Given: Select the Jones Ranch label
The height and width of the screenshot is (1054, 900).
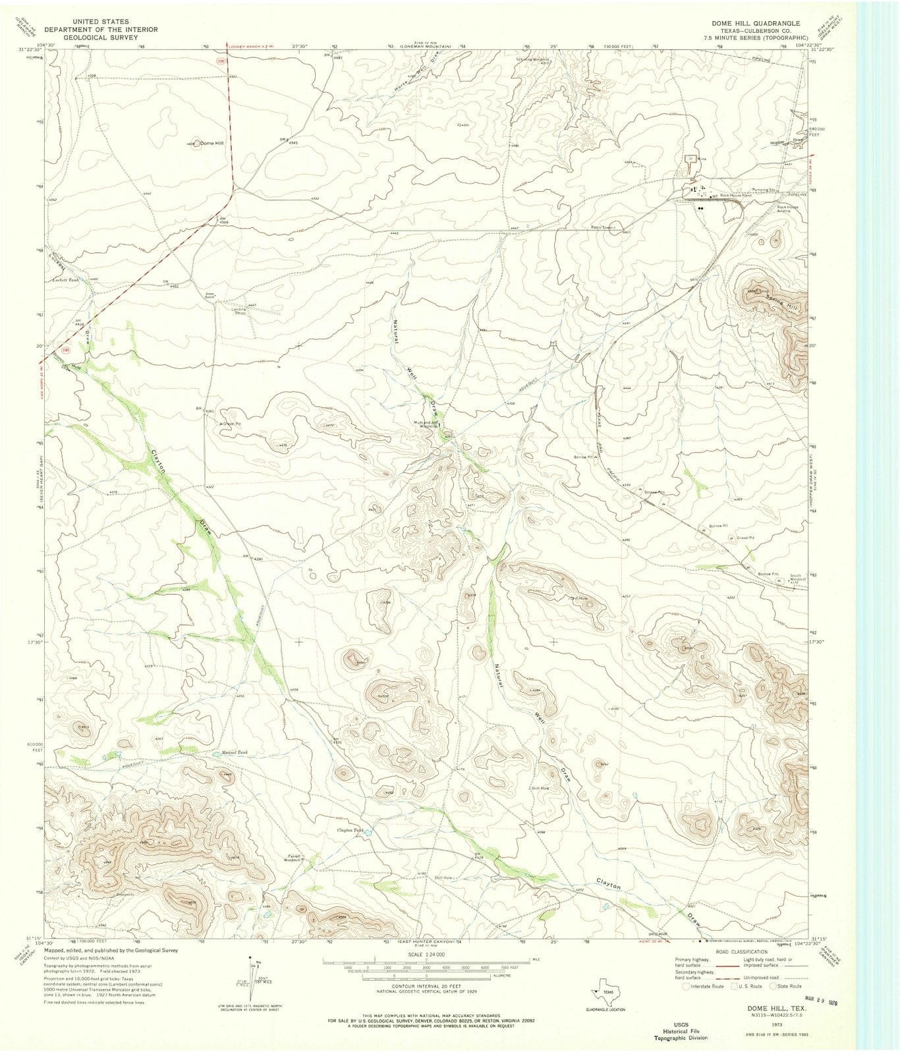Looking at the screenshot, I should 210,295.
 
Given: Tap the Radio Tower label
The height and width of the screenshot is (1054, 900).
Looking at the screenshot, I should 602,227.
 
